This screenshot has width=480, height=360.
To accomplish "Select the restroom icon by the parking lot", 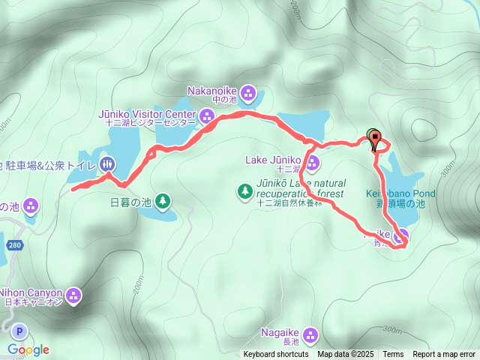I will point(107,163).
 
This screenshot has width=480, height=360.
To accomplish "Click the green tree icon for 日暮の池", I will point(163,200).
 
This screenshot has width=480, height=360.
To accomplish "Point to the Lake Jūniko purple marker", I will point(312,163).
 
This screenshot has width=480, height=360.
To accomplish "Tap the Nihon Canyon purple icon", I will point(73,295).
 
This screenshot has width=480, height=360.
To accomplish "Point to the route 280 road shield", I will point(14,245).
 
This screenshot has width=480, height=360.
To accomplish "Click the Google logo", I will point(28,349).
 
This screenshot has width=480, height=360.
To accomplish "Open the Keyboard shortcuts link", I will point(275,355).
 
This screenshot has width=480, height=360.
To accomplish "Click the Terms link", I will point(393,355).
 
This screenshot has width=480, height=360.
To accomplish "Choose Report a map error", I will point(444,355).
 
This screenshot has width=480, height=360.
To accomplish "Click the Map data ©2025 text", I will point(345,355).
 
